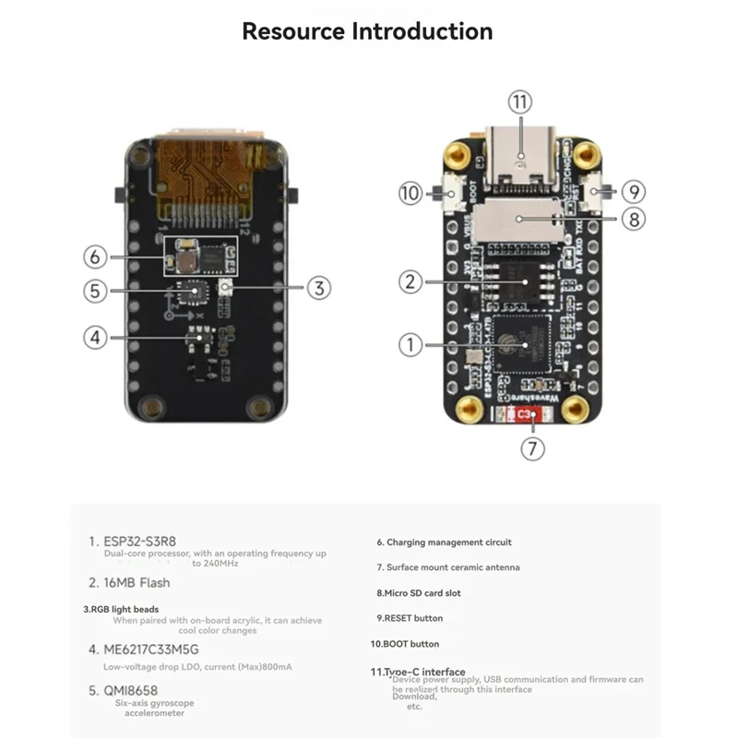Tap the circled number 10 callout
point(410,193)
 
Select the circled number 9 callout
point(633,193)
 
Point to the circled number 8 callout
point(633,220)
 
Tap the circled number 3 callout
point(318,288)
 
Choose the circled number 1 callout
point(410,345)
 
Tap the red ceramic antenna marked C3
point(525,416)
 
